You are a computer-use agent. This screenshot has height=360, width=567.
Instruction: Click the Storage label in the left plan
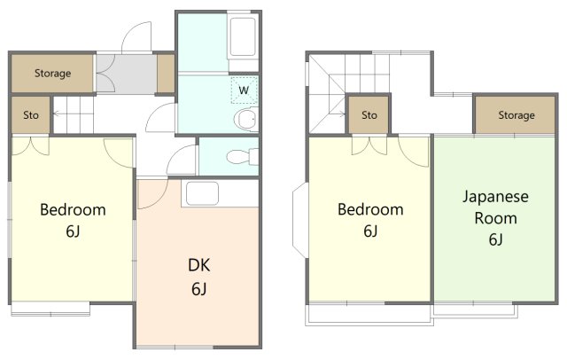52,74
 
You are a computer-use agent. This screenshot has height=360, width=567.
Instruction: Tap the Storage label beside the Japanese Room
517,115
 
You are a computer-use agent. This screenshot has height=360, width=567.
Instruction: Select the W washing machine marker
244,90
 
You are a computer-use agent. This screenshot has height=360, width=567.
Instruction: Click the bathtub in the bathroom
243,36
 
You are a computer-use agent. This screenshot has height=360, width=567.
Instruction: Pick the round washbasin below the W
246,119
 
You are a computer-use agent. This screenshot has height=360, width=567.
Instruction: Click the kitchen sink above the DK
202,193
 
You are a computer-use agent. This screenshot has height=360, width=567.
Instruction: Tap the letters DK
198,265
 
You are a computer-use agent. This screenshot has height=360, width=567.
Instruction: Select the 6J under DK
198,289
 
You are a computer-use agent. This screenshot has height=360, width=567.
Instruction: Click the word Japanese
495,197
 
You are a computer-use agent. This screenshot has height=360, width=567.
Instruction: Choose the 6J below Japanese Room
495,239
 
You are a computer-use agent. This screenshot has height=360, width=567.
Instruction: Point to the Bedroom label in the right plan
370,209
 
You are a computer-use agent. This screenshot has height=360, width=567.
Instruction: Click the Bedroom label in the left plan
73,210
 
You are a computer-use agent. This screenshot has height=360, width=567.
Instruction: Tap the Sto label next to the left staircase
31,115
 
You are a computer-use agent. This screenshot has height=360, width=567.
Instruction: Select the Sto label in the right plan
369,115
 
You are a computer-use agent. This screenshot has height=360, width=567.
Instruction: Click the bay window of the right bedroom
300,220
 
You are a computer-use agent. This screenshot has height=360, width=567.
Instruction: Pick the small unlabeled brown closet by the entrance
166,74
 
